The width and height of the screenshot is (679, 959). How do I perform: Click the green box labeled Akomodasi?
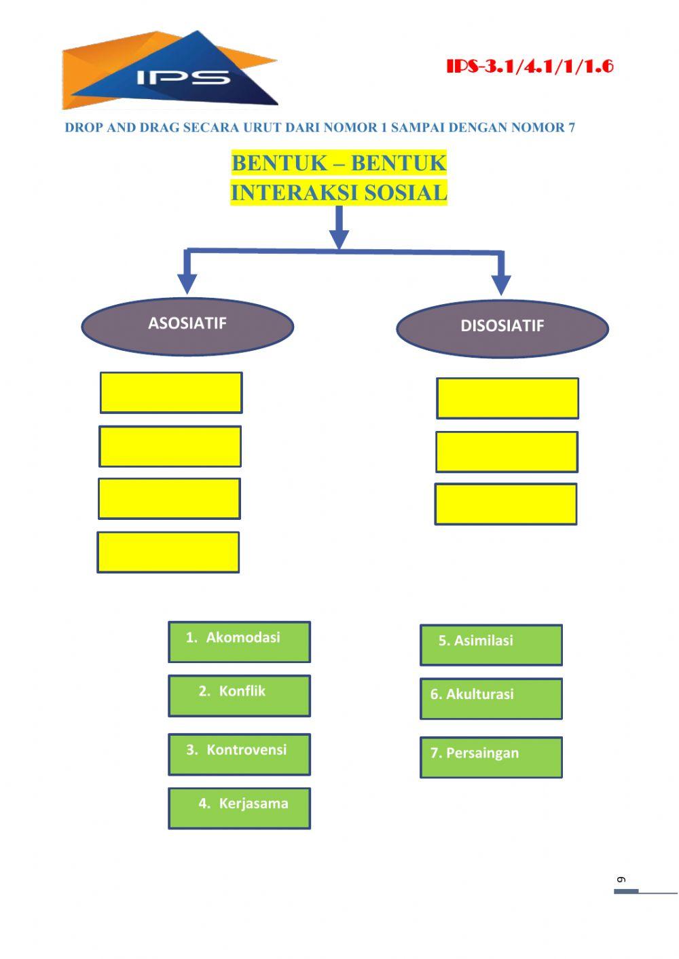pos(239,641)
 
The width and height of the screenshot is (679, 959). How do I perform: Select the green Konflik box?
pos(239,696)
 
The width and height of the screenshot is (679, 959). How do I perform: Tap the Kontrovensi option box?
pos(239,754)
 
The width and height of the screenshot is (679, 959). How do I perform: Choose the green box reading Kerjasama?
pos(239,808)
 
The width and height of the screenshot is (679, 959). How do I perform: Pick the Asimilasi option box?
pos(491,645)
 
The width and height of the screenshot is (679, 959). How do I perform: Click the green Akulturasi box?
pos(491,698)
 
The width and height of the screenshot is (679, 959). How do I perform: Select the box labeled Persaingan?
pos(491,757)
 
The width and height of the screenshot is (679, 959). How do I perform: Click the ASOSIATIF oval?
pos(187,326)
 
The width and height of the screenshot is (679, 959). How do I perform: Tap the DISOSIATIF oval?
pos(502,328)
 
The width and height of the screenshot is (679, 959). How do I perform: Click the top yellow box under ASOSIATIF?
pos(171,392)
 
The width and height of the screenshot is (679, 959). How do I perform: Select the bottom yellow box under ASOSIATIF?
pos(168,552)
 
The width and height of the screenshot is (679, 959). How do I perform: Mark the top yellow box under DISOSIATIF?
pos(507,398)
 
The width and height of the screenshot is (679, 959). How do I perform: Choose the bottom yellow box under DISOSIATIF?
pos(506,504)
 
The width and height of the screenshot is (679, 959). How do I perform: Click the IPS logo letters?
pos(183,77)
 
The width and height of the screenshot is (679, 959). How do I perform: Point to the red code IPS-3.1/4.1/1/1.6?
pos(530,67)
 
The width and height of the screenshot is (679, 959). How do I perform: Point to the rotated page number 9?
pos(620,880)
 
